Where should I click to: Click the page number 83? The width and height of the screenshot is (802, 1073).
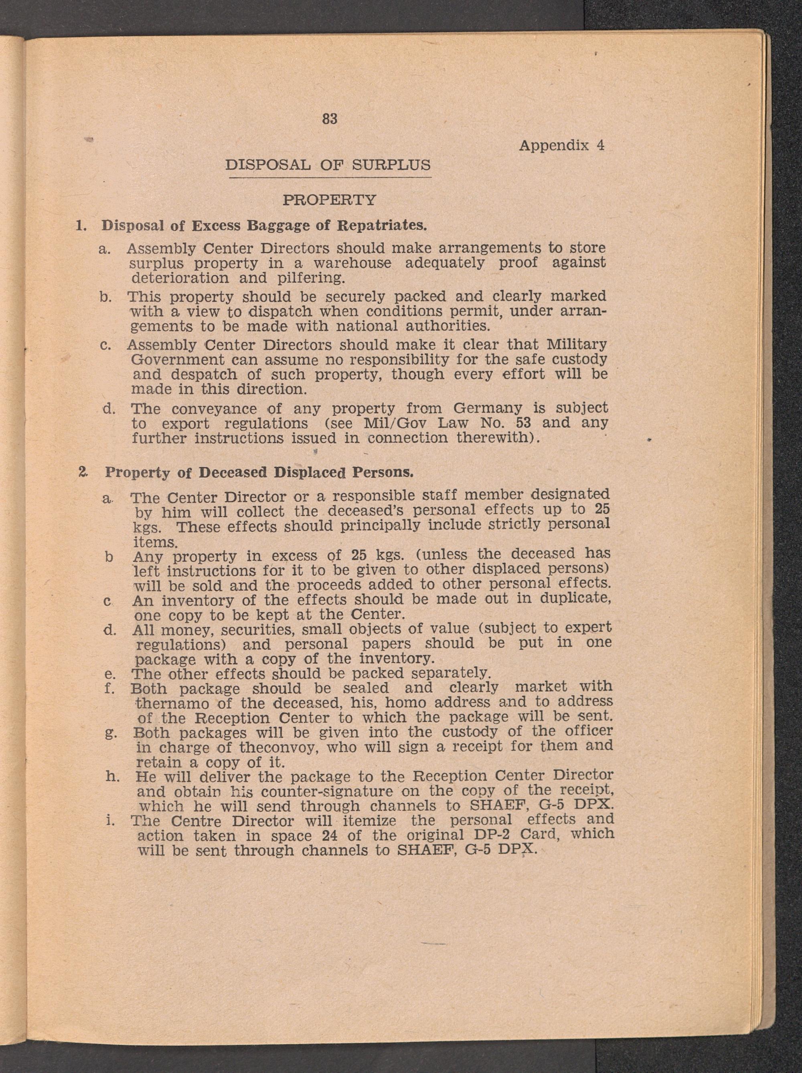(x=330, y=119)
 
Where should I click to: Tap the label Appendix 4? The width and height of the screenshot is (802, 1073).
(x=561, y=145)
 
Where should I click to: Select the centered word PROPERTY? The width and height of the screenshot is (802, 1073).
(x=330, y=199)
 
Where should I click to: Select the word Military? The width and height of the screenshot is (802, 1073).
(x=576, y=344)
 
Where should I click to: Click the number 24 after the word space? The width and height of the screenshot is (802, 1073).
(x=330, y=835)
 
